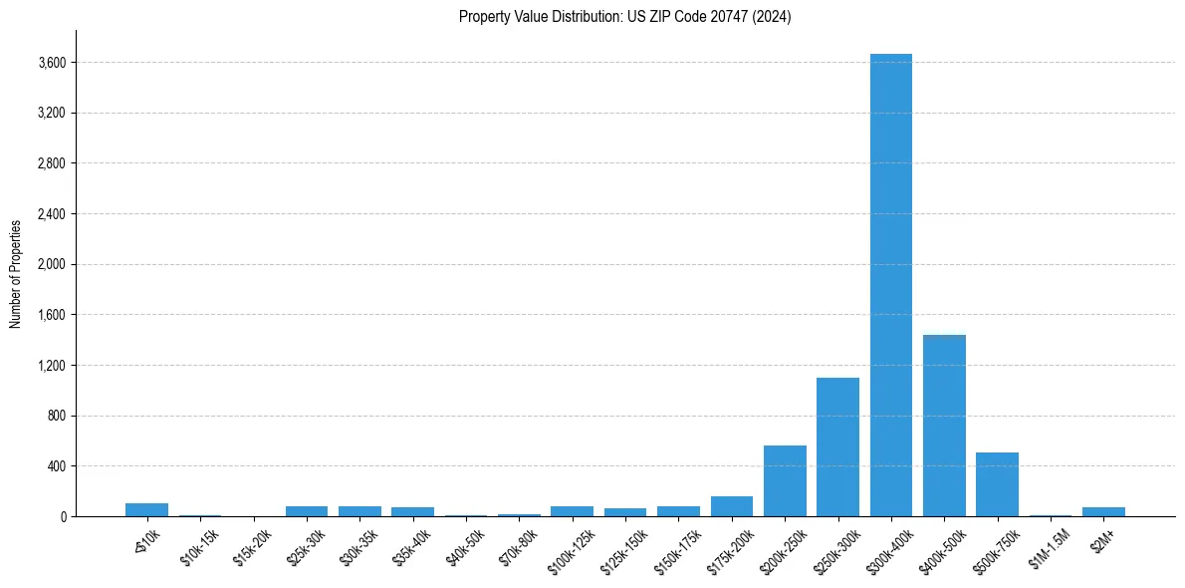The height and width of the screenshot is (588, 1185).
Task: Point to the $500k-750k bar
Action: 997,484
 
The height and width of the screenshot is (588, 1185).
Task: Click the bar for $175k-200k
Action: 732,506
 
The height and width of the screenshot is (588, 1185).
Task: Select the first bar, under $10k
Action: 146,509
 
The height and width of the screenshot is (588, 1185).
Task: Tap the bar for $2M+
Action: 1103,511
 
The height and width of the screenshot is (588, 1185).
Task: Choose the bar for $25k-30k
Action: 307,511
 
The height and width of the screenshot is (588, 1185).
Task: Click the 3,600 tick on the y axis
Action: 51,63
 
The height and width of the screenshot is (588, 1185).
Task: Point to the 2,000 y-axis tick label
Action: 51,264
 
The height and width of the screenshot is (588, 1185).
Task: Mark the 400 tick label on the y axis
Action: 56,466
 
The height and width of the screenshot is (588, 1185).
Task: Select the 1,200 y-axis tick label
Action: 51,366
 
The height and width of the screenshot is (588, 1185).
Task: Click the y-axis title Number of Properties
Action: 16,274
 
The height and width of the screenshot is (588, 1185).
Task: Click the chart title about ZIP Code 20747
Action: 624,17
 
